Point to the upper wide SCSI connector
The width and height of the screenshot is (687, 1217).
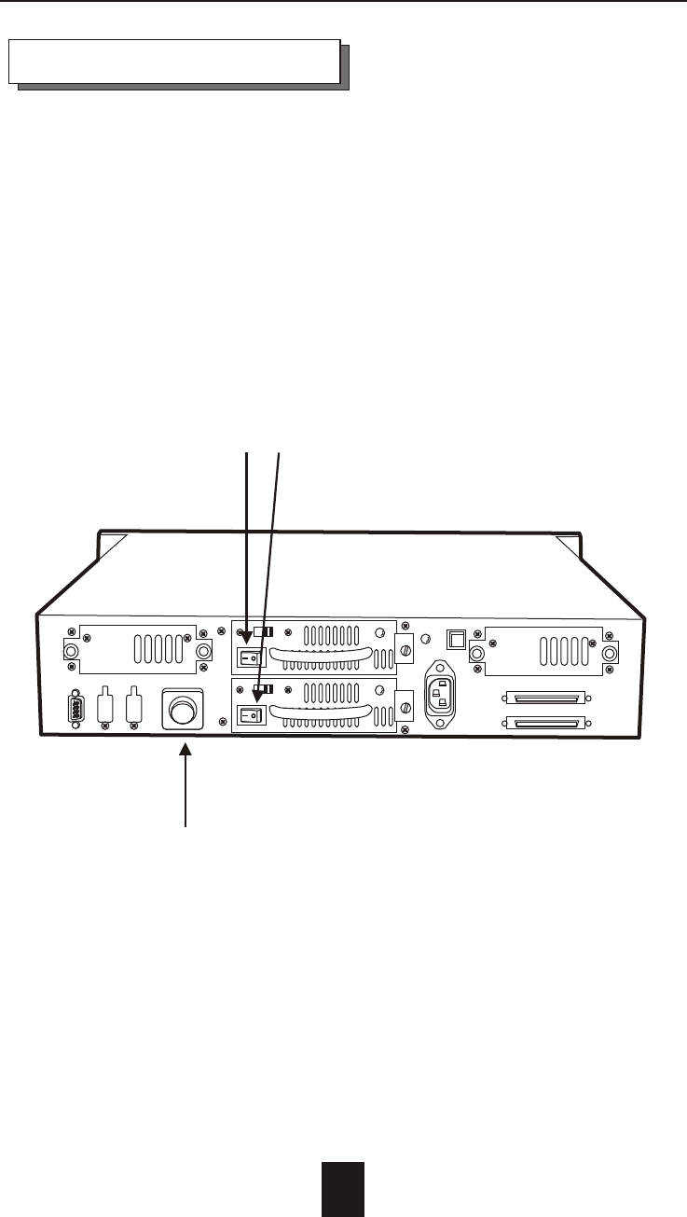point(544,697)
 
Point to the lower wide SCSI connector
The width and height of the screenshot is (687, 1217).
point(544,723)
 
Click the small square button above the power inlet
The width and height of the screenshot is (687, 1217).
point(456,638)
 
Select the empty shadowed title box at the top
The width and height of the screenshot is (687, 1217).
point(173,62)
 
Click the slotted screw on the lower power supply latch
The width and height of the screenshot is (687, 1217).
point(405,708)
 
